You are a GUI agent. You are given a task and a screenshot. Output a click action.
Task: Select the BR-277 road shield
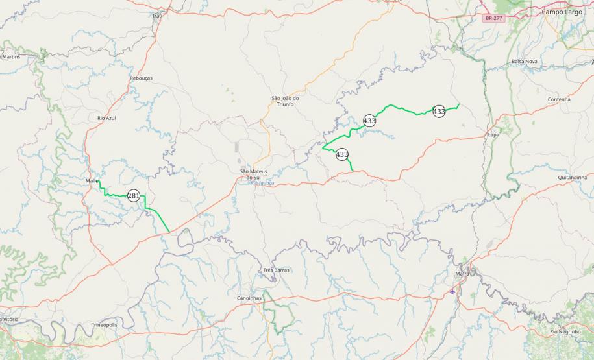click(494, 19)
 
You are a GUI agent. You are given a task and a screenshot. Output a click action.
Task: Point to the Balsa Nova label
click(525, 61)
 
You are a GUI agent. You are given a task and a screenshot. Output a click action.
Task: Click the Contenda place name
click(559, 99)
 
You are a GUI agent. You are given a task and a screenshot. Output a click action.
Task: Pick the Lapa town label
click(493, 134)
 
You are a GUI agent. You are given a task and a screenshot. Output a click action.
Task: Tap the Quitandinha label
click(572, 177)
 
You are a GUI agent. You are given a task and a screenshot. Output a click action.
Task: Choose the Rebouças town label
click(141, 78)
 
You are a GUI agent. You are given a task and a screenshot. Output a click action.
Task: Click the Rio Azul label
click(106, 119)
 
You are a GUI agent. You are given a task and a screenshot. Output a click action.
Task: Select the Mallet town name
click(92, 180)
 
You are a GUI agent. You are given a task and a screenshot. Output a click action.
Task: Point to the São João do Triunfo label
click(285, 101)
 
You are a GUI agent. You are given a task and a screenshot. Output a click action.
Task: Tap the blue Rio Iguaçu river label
click(262, 183)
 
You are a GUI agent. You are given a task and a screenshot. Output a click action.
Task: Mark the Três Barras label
click(277, 269)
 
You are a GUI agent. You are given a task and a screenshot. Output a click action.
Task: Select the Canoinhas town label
click(249, 298)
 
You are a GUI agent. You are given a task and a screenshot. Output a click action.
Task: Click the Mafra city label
click(462, 274)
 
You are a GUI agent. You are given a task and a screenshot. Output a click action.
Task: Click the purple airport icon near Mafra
click(452, 291)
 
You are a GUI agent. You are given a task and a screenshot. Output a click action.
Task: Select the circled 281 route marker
click(134, 195)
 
